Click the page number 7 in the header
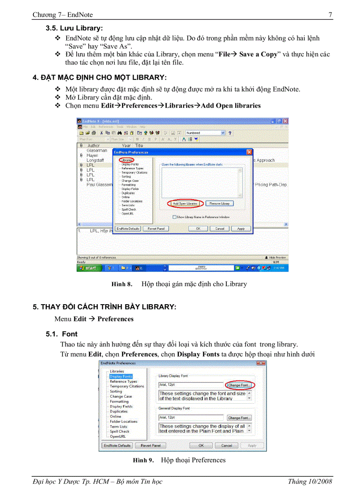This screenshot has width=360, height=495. [x=330, y=15]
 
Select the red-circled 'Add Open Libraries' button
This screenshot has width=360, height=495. [x=185, y=204]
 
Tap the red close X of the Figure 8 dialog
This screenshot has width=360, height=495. [x=249, y=152]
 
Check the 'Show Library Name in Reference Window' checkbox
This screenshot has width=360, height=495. [x=175, y=217]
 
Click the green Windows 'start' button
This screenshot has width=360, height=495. [x=89, y=268]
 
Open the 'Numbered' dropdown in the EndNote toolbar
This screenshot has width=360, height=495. [x=223, y=133]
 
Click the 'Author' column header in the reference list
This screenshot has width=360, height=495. [x=94, y=145]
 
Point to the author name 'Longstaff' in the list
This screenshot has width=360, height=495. [x=95, y=160]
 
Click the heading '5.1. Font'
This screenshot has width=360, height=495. [x=62, y=334]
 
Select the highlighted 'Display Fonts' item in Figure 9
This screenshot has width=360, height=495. [x=120, y=376]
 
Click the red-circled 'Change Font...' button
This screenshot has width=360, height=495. [x=239, y=385]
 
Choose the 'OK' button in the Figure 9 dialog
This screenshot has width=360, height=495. [x=201, y=445]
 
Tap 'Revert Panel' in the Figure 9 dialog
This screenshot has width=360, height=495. [x=150, y=445]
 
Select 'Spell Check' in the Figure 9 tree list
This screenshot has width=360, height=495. [x=120, y=432]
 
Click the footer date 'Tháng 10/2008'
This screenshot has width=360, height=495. [x=310, y=481]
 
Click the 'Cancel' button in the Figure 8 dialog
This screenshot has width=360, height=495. [x=220, y=229]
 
